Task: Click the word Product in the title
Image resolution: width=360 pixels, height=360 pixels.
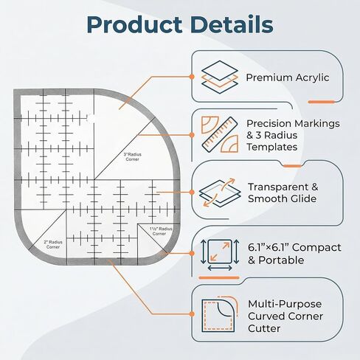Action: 134,25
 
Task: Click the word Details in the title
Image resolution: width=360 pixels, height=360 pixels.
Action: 232,24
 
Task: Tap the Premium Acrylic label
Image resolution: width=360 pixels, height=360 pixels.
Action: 288,77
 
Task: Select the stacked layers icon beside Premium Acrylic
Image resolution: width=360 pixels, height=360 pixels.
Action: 220,77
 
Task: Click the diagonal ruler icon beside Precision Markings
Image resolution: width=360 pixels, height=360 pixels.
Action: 220,134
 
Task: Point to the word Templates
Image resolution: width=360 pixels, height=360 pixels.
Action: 272,147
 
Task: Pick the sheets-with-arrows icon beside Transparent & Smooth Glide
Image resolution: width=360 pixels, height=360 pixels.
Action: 220,193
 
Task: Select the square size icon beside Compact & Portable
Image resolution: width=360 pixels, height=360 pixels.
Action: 220,255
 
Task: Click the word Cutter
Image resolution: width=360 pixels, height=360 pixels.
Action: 264,328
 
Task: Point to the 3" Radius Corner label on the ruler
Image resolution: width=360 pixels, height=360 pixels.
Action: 133,157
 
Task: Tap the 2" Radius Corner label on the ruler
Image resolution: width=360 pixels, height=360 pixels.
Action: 53,245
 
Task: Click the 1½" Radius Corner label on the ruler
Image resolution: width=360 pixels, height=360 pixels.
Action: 160,231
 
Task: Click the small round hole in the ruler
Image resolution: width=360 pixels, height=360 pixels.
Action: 91,119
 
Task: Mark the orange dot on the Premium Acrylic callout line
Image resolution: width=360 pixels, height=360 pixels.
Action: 192,77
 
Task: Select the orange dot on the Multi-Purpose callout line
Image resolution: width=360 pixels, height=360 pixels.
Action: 192,314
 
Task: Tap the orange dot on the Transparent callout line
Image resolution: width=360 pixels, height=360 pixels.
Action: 192,193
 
